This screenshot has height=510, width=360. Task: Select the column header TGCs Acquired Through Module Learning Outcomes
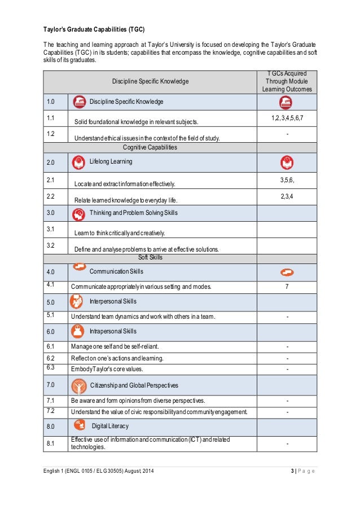click(287, 81)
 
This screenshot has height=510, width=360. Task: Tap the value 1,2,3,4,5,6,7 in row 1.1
click(287, 117)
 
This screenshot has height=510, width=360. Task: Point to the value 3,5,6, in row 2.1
click(287, 180)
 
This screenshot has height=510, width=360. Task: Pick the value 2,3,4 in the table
click(287, 196)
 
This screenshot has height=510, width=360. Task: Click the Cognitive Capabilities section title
click(150, 147)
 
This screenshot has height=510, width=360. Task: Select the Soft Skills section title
click(150, 257)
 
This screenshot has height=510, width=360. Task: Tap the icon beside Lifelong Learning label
click(79, 162)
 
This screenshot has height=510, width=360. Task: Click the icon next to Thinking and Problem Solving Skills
click(79, 214)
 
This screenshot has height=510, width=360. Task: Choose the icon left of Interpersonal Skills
click(77, 302)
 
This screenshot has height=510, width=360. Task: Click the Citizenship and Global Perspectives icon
click(79, 386)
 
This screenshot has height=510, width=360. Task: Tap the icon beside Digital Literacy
click(79, 425)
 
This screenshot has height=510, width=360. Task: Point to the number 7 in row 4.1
click(287, 287)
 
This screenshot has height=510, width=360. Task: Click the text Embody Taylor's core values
click(107, 369)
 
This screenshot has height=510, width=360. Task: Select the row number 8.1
click(51, 443)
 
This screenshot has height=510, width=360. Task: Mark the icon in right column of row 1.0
click(287, 102)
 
